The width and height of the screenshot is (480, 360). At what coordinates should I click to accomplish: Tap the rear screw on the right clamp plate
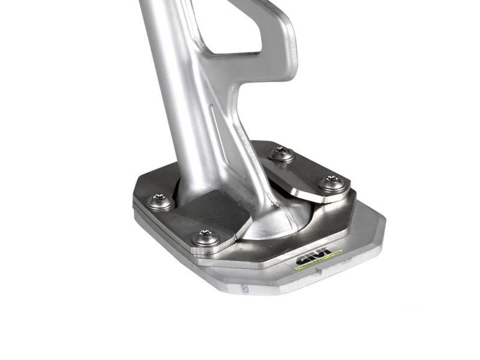(x=281, y=154)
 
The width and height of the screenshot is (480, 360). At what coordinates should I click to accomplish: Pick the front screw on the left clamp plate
(x=206, y=238)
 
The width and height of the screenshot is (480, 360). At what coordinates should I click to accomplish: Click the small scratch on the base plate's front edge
(x=245, y=289)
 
